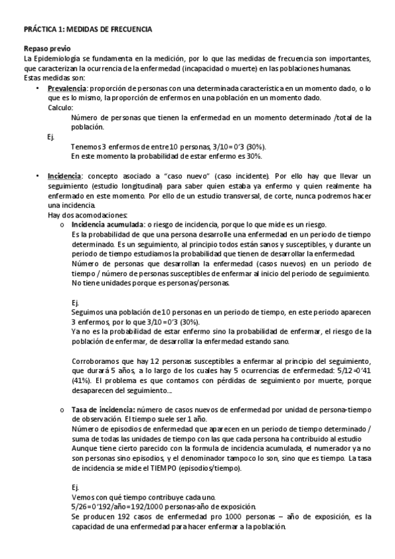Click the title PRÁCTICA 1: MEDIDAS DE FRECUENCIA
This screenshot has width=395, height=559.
[87, 30]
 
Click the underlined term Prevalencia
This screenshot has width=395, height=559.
[67, 88]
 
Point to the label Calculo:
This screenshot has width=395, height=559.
[61, 107]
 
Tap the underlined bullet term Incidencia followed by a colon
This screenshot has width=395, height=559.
[65, 176]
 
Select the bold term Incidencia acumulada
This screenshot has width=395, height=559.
[107, 224]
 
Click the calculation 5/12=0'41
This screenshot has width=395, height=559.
[349, 370]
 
